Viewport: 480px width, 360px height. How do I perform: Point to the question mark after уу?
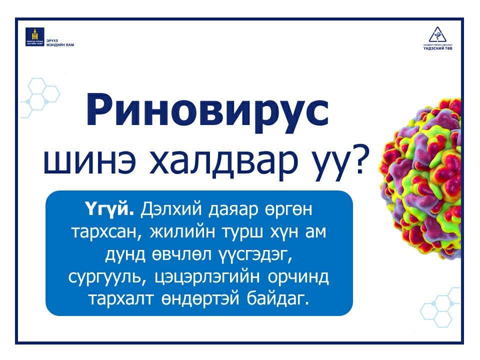pos(367,161)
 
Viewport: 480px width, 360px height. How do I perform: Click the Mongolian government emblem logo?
pos(34,37)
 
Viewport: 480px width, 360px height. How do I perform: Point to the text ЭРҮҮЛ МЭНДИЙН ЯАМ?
pos(59,42)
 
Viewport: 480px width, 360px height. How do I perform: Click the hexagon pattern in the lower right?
pos(440,305)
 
